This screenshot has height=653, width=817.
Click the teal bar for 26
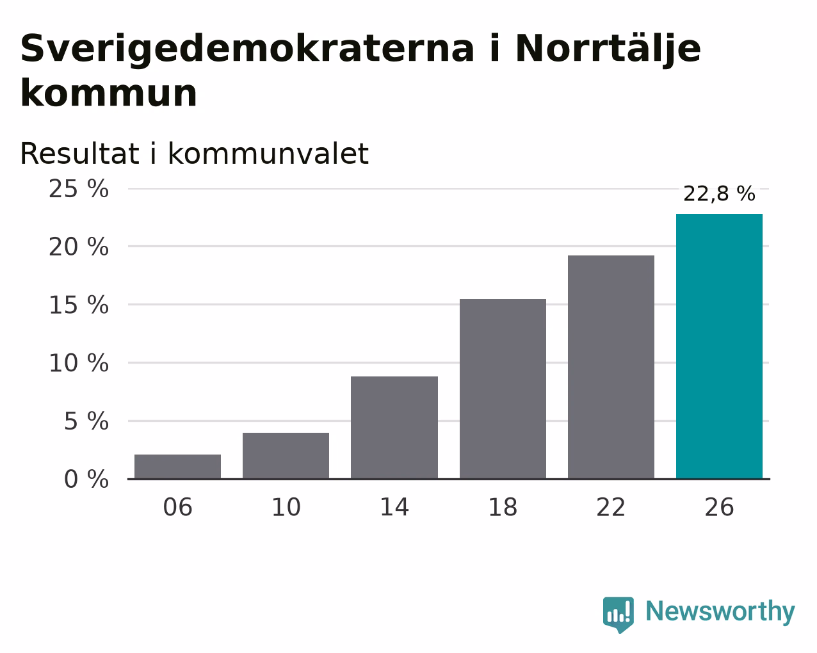click(719, 346)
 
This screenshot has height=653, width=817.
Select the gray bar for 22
click(611, 367)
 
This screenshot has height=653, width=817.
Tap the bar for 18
click(503, 389)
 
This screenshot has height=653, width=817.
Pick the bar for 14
click(394, 428)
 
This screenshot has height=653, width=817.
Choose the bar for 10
click(286, 456)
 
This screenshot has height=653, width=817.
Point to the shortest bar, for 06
click(177, 467)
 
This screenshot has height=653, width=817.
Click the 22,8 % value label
click(719, 193)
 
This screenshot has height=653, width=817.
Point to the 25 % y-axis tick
click(79, 189)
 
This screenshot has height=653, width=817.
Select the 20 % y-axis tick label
click(79, 246)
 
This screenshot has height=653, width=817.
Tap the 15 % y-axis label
click(79, 305)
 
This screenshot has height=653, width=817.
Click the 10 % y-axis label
click(79, 363)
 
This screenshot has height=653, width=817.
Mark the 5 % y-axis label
click(86, 421)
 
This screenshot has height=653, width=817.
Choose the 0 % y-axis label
click(86, 479)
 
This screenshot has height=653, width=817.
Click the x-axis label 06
click(177, 507)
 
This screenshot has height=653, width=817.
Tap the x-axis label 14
click(394, 507)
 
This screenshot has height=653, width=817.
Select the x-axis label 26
click(719, 507)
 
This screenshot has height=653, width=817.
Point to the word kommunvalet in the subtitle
click(268, 154)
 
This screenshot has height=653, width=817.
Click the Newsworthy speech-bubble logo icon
click(619, 615)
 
